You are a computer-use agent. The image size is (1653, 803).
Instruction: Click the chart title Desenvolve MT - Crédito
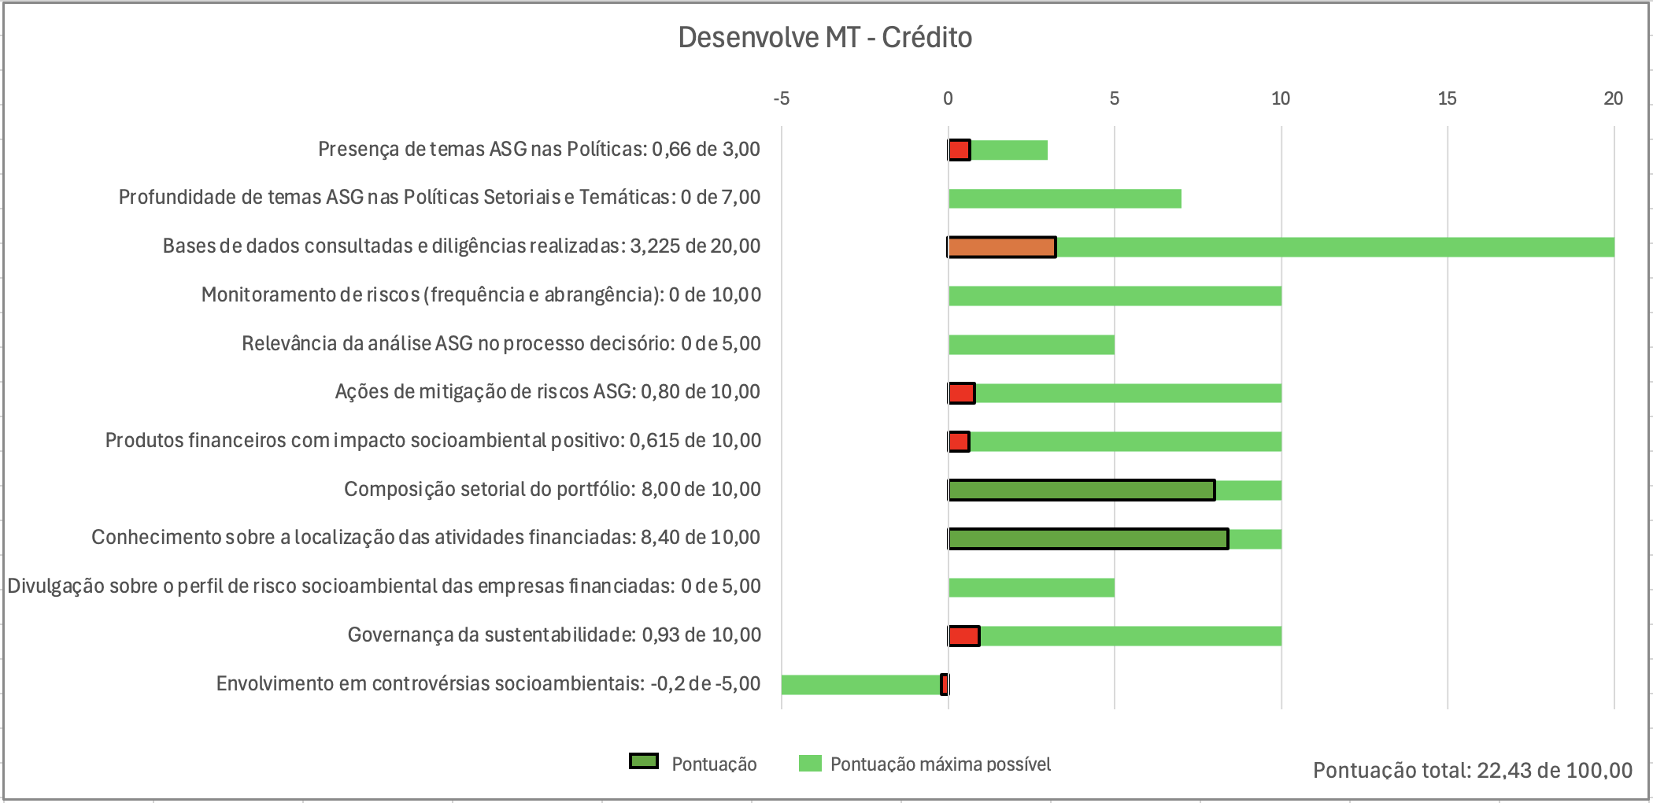point(825,38)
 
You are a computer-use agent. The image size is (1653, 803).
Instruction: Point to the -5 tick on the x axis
point(781,98)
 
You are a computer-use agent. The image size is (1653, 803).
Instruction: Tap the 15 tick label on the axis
point(1447,98)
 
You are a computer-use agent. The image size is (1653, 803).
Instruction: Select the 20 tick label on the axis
point(1613,98)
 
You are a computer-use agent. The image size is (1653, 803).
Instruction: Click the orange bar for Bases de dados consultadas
point(1002,247)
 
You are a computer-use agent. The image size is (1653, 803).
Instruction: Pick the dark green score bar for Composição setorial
point(1082,490)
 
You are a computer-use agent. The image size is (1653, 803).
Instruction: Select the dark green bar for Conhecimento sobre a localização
point(1088,539)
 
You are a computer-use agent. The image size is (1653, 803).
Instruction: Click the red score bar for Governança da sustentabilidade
point(963,636)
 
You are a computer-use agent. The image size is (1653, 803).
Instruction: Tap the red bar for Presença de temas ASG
point(959,150)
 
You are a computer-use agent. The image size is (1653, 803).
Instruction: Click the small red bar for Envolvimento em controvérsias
point(945,685)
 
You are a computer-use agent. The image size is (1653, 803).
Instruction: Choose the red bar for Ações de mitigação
point(961,393)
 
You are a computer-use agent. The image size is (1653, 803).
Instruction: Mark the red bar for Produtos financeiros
point(958,442)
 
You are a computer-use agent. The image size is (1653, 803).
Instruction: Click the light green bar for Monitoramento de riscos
point(1115,296)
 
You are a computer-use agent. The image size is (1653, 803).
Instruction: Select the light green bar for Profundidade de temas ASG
point(1064,198)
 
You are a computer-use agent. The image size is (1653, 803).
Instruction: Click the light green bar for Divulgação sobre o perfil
point(1031,587)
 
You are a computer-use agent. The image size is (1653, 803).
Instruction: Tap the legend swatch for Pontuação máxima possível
point(809,764)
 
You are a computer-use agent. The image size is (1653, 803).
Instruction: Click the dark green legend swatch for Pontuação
point(643,762)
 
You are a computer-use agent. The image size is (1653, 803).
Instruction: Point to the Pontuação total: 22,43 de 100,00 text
point(1472,770)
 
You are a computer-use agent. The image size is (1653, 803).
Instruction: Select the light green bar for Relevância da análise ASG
point(1031,345)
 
